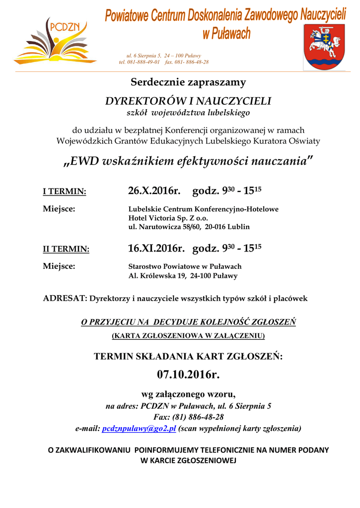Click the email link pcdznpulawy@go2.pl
pyautogui.click(x=139, y=428)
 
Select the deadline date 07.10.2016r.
pyautogui.click(x=188, y=375)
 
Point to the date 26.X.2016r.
pyautogui.click(x=153, y=191)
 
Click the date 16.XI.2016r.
pyautogui.click(x=156, y=248)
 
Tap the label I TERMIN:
pyautogui.click(x=65, y=192)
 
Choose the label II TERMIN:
pyautogui.click(x=66, y=249)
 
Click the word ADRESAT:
pyautogui.click(x=65, y=299)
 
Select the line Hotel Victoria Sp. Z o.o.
pyautogui.click(x=168, y=218)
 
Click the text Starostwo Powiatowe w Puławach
pyautogui.click(x=185, y=266)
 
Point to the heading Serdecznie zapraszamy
pyautogui.click(x=188, y=82)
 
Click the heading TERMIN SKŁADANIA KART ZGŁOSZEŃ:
pyautogui.click(x=188, y=356)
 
